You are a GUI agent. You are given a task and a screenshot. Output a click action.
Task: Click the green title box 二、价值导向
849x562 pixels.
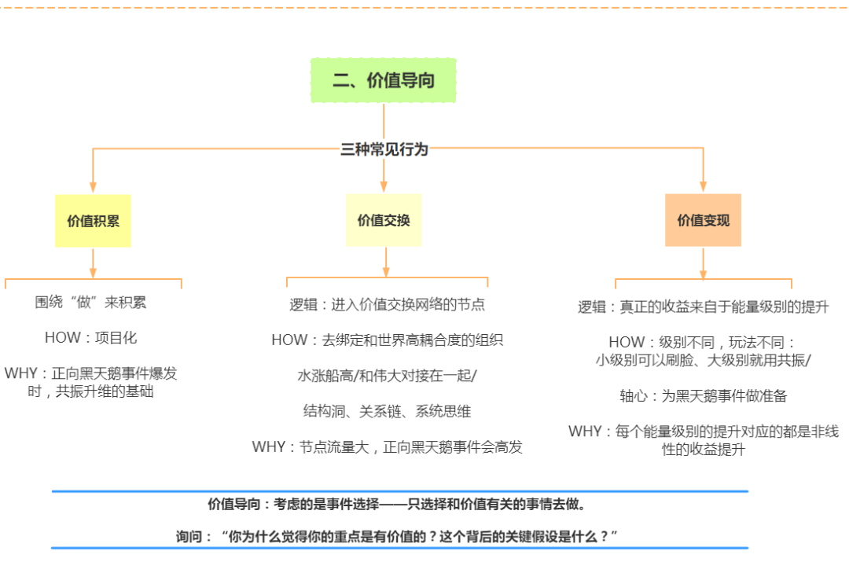[x=384, y=80]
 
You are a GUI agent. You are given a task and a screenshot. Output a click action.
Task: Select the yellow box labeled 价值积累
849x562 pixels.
[x=93, y=221]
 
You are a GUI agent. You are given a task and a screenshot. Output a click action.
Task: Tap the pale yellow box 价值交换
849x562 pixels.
[x=384, y=221]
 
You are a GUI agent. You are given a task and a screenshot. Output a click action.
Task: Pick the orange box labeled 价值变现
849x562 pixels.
[x=703, y=221]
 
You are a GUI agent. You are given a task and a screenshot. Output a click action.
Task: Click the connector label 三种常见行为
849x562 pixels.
[x=384, y=149]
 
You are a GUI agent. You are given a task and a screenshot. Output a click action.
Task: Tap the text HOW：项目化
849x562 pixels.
[x=90, y=338]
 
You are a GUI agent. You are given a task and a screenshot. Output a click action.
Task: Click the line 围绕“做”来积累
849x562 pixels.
[x=90, y=303]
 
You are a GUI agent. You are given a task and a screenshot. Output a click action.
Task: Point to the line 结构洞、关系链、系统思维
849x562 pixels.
[x=387, y=411]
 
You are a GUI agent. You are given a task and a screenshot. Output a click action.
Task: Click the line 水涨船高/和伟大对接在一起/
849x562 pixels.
[x=387, y=376]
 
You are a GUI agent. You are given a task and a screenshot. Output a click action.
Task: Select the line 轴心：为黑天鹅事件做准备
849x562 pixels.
[x=703, y=396]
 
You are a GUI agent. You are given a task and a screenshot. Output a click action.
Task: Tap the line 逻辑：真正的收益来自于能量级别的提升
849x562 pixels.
[x=703, y=307]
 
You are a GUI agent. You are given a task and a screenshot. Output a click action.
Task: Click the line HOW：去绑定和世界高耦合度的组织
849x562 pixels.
[x=387, y=340]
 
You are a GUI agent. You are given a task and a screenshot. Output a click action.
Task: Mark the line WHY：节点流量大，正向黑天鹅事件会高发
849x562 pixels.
[x=387, y=447]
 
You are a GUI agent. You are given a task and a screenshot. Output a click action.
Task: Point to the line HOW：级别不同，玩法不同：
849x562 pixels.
[x=703, y=343]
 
